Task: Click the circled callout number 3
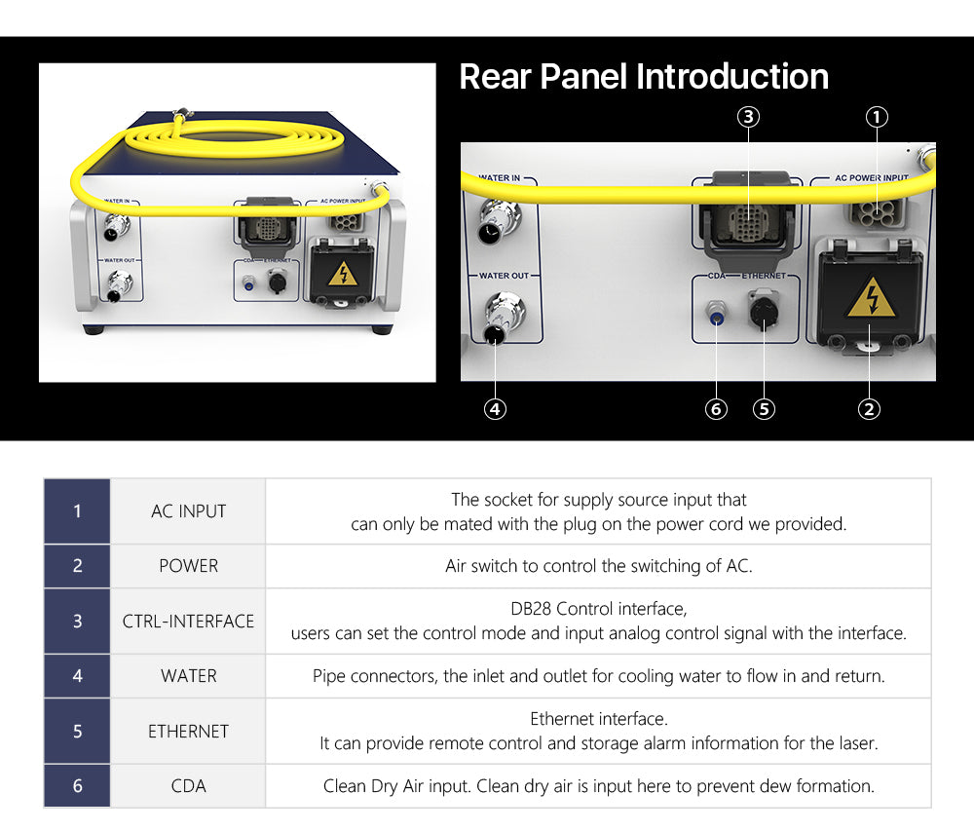coord(748,117)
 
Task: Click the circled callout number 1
coord(877,117)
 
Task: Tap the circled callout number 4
coord(495,409)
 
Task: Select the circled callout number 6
coord(716,409)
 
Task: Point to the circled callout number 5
coord(764,409)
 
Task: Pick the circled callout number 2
coord(869,409)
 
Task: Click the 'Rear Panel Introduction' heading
coord(644,77)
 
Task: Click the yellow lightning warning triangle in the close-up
coord(872,297)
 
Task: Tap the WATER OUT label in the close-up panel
coord(504,276)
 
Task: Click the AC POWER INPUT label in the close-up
coord(872,177)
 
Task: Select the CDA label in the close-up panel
coord(716,276)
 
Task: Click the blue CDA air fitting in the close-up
coord(716,313)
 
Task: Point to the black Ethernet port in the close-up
coord(764,311)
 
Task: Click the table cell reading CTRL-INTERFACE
coord(188,622)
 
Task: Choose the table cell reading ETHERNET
coord(188,731)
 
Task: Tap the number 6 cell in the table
coord(77,785)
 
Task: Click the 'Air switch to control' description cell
coord(598,566)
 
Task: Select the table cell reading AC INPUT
coord(188,511)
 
